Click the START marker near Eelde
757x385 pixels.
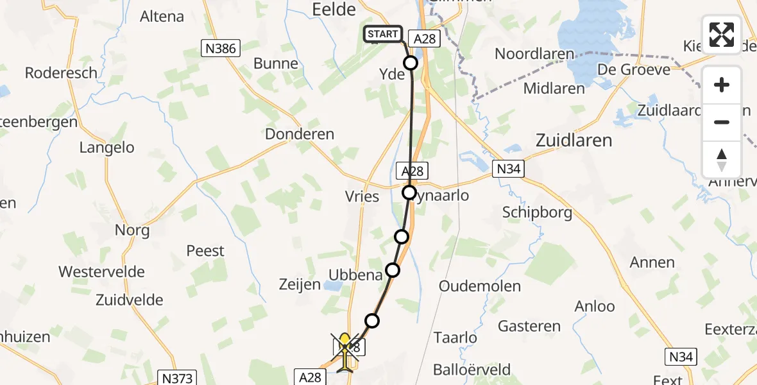[x=383, y=34]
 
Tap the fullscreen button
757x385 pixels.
[x=722, y=35]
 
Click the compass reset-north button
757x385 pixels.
[x=722, y=160]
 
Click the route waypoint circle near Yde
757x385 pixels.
[x=410, y=63]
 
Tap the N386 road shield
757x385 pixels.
[x=219, y=48]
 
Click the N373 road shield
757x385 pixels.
[x=177, y=378]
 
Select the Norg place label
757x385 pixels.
[x=132, y=230]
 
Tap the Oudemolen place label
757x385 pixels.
[x=480, y=286]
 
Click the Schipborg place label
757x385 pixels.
[x=538, y=213]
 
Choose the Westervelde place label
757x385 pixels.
[x=102, y=271]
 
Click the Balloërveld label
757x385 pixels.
[x=472, y=370]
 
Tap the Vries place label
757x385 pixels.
[x=362, y=196]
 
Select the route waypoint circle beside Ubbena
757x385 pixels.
[x=392, y=270]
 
